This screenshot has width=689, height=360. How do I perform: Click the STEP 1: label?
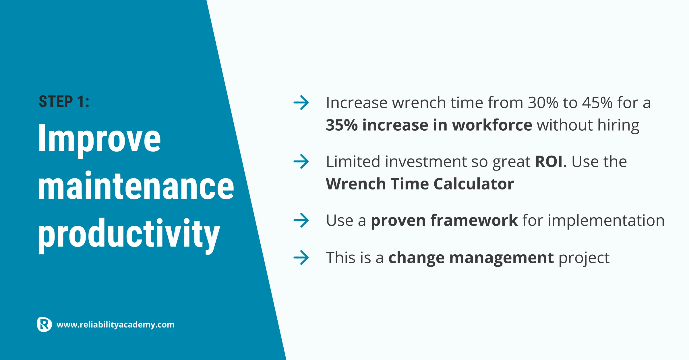click(x=64, y=102)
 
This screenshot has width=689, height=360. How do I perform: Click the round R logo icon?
click(x=44, y=325)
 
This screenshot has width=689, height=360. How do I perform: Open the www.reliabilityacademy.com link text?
click(x=115, y=325)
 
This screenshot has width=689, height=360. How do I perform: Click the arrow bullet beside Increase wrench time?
click(x=301, y=102)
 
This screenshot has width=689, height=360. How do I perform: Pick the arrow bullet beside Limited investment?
click(x=301, y=161)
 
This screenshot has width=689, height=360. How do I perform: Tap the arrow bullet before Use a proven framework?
click(x=301, y=220)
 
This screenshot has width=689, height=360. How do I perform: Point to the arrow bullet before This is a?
click(x=301, y=258)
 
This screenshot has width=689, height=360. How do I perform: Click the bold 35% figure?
click(x=342, y=125)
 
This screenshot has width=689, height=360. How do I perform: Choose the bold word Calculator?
click(x=474, y=184)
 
